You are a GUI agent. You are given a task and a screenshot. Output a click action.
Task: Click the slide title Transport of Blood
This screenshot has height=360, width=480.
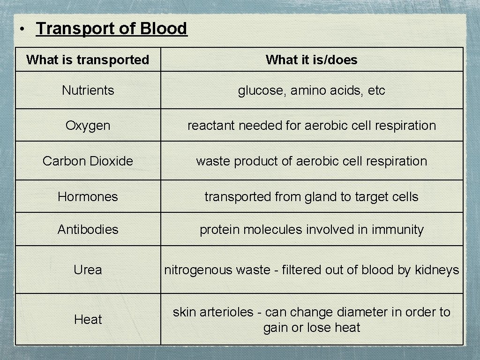[x=112, y=29]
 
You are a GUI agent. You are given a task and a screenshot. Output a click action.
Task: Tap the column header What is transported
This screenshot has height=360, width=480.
[x=88, y=60]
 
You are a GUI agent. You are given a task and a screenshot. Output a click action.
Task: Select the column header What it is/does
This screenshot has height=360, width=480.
[x=311, y=60]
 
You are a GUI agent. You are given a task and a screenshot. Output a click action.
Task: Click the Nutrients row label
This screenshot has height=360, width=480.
[x=88, y=90]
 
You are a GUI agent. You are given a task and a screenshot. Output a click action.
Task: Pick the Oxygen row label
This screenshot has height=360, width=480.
[x=88, y=126]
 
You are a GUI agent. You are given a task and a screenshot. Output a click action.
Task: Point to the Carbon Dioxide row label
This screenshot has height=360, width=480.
[x=88, y=161]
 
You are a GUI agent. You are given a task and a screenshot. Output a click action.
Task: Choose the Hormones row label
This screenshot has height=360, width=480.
[x=88, y=197]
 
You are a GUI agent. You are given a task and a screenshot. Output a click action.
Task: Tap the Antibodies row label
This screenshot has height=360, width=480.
[x=88, y=230]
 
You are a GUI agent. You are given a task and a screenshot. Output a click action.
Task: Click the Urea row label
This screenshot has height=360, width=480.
[x=88, y=270]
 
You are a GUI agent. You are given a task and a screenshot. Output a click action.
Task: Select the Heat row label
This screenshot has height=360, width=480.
[x=88, y=320]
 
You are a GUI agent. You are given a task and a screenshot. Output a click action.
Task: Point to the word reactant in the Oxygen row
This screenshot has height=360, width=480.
[x=211, y=126]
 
